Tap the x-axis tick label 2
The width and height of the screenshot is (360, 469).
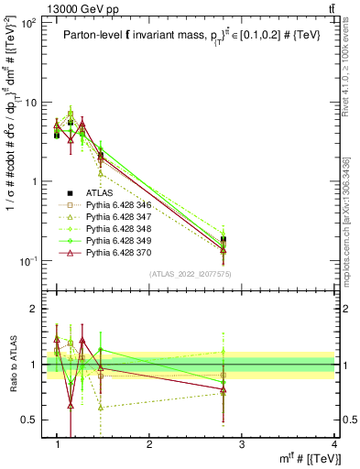point(149,444)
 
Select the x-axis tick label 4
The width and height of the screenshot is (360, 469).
point(334,444)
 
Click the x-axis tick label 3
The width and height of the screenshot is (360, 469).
point(242,444)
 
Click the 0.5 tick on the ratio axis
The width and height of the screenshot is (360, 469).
point(33,420)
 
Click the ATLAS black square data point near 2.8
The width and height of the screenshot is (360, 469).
point(224,240)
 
